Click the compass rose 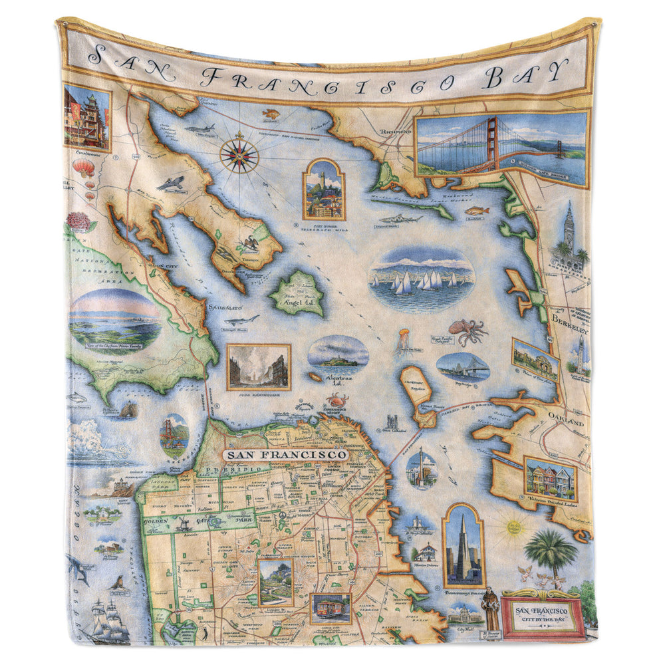point(239,152)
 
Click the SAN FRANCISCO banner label point(286,455)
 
